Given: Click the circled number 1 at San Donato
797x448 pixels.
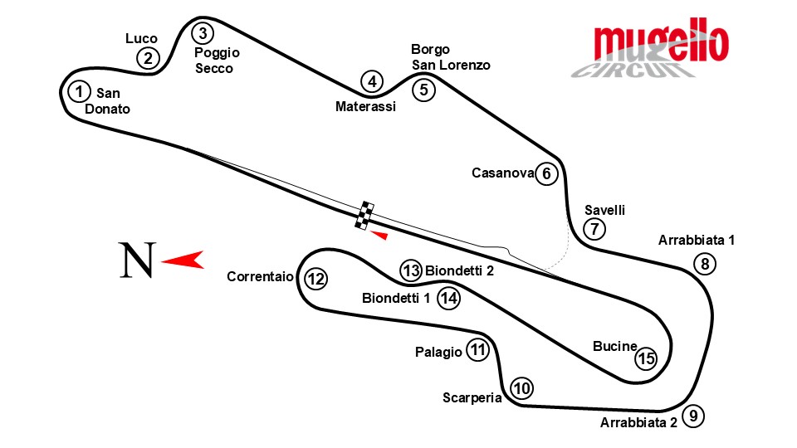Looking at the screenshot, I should (x=79, y=90).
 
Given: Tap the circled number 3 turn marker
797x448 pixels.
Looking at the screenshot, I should (x=203, y=33).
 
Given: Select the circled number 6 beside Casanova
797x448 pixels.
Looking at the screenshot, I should (x=546, y=173).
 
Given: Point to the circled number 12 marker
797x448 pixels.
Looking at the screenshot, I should (x=315, y=279).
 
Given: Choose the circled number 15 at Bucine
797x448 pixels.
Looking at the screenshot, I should (x=646, y=358).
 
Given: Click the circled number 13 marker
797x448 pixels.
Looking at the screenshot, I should (x=411, y=270).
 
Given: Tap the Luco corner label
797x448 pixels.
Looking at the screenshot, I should (x=141, y=38).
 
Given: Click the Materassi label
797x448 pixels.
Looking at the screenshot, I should (x=365, y=106).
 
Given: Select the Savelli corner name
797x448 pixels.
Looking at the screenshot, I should (x=604, y=209).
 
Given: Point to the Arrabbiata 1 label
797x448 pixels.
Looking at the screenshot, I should (x=697, y=241).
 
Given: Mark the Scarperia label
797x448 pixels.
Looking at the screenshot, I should (x=472, y=397).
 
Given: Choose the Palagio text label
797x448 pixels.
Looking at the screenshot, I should (x=438, y=352).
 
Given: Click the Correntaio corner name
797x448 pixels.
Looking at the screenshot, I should (x=260, y=277).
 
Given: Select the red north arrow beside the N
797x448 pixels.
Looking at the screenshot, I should (x=184, y=261).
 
